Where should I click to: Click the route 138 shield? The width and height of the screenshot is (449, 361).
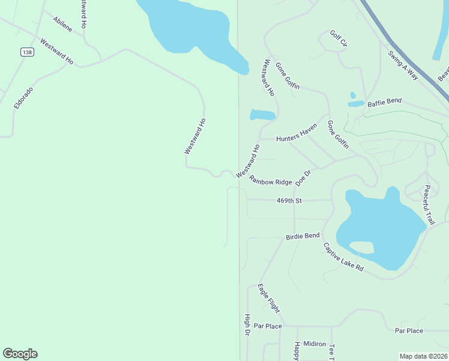pyautogui.click(x=26, y=52)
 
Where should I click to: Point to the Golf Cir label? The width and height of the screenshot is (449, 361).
pyautogui.click(x=339, y=39)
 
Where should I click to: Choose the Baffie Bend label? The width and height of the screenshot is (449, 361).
pyautogui.click(x=384, y=102)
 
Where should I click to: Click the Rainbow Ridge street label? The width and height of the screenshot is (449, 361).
pyautogui.click(x=271, y=180)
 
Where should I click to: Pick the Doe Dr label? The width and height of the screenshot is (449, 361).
pyautogui.click(x=304, y=178)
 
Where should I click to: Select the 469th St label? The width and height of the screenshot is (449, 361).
pyautogui.click(x=289, y=200)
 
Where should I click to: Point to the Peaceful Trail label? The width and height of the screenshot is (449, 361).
pyautogui.click(x=428, y=205)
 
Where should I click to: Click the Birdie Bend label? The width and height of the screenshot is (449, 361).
pyautogui.click(x=303, y=236)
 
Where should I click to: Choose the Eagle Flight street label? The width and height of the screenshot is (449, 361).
pyautogui.click(x=268, y=298)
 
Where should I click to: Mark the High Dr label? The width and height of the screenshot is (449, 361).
pyautogui.click(x=247, y=325)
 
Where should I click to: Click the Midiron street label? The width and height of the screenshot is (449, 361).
pyautogui.click(x=314, y=344)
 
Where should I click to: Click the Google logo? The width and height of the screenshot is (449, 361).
pyautogui.click(x=20, y=354)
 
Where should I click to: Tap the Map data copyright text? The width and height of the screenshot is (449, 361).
pyautogui.click(x=423, y=356)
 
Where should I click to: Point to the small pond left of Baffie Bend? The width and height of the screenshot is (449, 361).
pyautogui.click(x=355, y=103)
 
